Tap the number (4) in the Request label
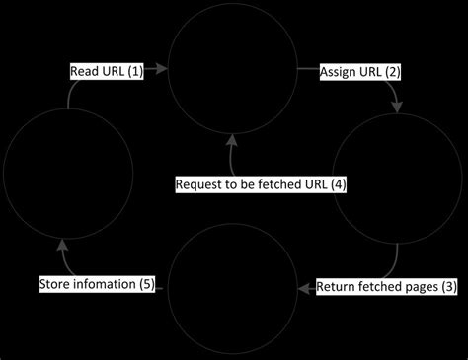(x=337, y=184)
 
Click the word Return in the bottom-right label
(x=338, y=288)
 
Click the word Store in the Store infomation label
(x=56, y=285)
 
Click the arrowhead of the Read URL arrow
(x=163, y=72)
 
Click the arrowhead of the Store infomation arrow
(x=63, y=240)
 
